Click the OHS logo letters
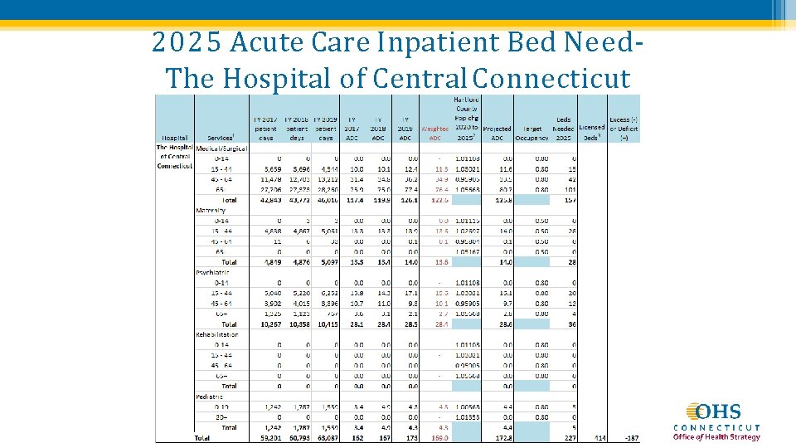tap(718, 412)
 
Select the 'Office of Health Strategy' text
tap(716, 437)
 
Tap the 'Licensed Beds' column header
tap(591, 133)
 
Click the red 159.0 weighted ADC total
tap(439, 437)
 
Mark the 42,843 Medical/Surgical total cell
tap(265, 199)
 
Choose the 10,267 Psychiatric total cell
tap(265, 324)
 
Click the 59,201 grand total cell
tap(265, 437)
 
